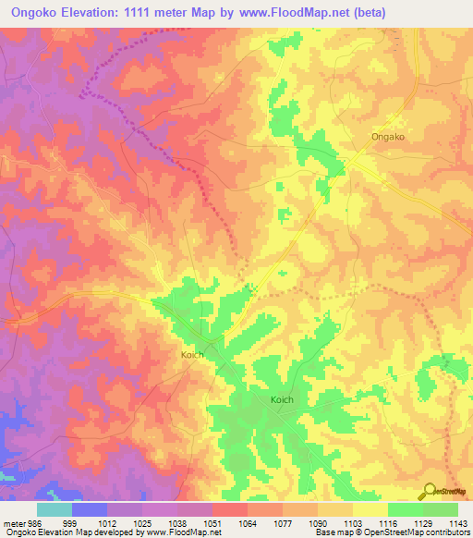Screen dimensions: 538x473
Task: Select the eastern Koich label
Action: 283,399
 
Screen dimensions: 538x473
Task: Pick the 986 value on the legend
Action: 34,522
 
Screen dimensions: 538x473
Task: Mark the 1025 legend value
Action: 141,522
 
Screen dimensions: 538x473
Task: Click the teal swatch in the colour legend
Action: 55,509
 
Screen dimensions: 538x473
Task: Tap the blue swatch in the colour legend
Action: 90,509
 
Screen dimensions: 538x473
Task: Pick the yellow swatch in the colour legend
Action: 370,509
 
